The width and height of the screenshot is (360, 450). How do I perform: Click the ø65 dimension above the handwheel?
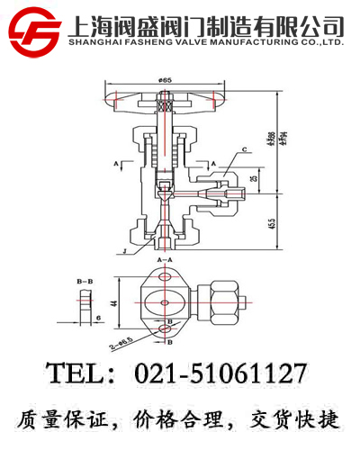pyautogui.click(x=165, y=81)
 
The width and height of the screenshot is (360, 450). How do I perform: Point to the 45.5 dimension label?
pyautogui.click(x=271, y=222)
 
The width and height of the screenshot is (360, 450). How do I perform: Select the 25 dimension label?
pyautogui.click(x=253, y=180)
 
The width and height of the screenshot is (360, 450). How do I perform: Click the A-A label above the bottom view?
pyautogui.click(x=166, y=259)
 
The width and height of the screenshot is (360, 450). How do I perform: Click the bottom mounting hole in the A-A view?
pyautogui.click(x=166, y=331)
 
